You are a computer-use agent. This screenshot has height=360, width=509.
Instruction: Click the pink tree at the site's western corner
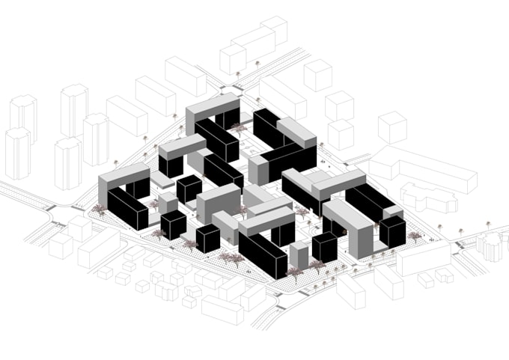tap(99, 210)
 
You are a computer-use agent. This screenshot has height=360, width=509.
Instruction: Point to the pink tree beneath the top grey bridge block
tap(239, 129)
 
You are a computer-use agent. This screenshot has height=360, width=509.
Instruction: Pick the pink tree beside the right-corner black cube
tap(414, 237)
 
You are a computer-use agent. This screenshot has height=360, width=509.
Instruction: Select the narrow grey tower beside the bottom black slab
tap(299, 254)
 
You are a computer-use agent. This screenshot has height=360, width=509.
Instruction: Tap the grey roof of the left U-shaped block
tap(124, 177)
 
